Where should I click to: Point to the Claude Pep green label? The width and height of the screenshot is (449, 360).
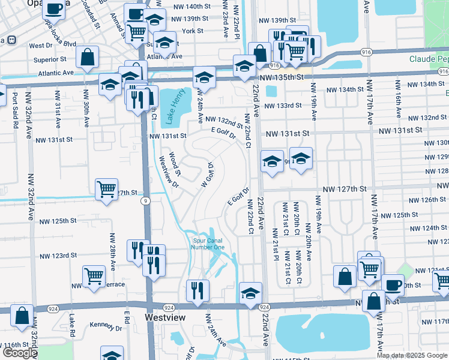click(x=429, y=59)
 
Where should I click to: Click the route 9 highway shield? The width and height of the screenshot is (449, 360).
click(x=145, y=202)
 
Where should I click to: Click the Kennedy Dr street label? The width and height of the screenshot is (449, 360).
click(x=106, y=328)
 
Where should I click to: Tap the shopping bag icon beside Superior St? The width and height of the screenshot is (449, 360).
click(x=88, y=58)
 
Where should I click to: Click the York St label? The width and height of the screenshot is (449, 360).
click(x=193, y=31)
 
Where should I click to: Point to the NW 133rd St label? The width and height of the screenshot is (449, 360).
click(x=283, y=106)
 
